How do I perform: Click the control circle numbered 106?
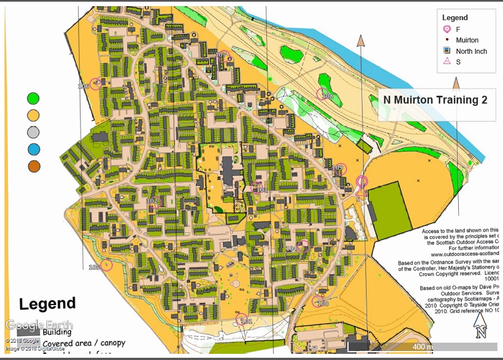coord(96,84)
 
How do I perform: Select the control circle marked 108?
coord(323,94)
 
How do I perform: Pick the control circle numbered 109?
coord(340,169)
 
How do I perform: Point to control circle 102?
coord(156,202)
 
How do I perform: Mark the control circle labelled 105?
coord(106,265)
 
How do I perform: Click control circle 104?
coord(303,245)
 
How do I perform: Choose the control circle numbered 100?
coord(317,301)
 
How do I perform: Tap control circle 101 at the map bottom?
coord(243,320)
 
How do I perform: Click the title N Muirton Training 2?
coord(435,100)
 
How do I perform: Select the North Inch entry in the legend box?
coord(471,51)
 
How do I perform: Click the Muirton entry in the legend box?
coord(467,40)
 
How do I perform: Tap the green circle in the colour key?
coord(34,99)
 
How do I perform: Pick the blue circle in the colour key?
coord(34,149)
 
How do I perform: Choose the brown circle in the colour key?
coord(34,166)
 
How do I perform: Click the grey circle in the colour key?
coord(34,133)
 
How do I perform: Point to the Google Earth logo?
coord(39,325)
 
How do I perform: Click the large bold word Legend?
coord(48,304)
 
